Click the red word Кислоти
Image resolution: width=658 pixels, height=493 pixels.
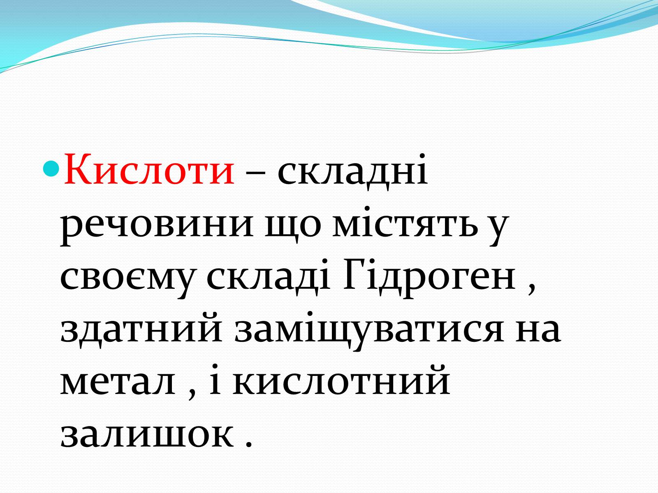click(x=149, y=169)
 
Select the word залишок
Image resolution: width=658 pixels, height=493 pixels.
click(x=147, y=436)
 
